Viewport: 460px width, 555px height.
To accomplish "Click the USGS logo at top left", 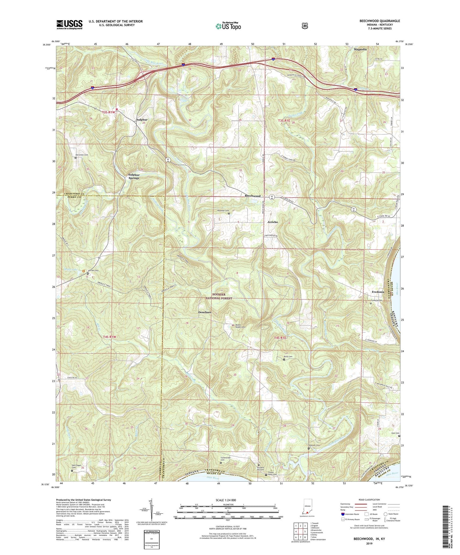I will click(69, 24).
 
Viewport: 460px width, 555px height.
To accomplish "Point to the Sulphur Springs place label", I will click(134, 176).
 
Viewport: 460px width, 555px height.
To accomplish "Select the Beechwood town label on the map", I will click(252, 196).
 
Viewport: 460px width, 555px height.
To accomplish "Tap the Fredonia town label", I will click(378, 292).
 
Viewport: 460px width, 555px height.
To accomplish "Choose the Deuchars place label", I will click(205, 312).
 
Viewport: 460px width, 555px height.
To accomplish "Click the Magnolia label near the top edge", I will click(360, 50).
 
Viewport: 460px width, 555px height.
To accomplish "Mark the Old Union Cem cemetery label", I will click(81, 155).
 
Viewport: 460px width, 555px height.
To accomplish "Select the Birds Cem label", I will click(288, 357).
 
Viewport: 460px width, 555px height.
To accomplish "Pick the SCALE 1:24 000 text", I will click(226, 500).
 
